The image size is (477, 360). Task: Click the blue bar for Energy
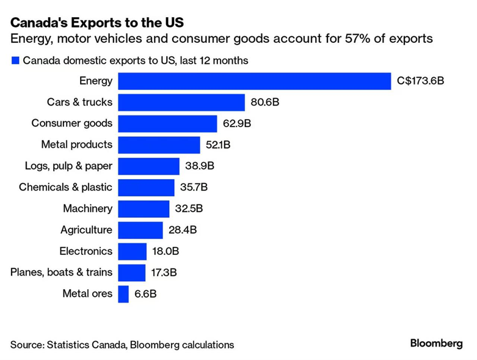(x=254, y=81)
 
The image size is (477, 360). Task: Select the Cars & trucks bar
(x=181, y=102)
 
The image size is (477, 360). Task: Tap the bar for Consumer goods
(x=167, y=123)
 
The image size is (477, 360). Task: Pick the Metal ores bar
(x=123, y=294)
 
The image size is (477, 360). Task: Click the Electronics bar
(x=132, y=251)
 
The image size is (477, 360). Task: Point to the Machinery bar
(x=144, y=208)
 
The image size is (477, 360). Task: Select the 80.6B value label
(x=265, y=102)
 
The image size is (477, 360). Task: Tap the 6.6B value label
(x=145, y=294)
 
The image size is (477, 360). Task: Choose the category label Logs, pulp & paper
(x=69, y=166)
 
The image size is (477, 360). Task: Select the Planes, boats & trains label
(x=62, y=273)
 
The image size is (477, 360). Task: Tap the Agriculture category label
(x=86, y=230)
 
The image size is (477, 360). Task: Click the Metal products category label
(x=76, y=145)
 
